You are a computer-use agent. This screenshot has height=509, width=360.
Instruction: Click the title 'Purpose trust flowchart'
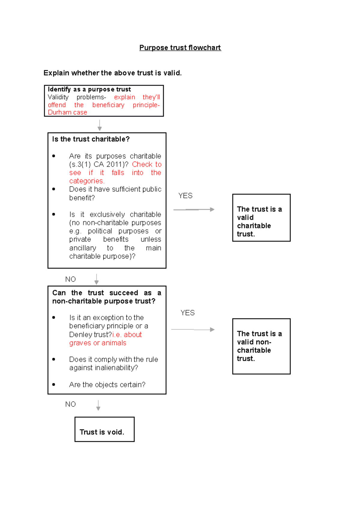(180, 48)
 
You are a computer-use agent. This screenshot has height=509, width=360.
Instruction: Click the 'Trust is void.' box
(104, 429)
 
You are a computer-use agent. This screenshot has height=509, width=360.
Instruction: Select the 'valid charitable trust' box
(261, 218)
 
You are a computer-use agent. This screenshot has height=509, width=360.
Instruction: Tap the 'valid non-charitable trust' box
(261, 346)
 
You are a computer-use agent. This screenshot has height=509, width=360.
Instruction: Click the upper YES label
(185, 196)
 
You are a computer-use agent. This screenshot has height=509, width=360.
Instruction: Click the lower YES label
(187, 313)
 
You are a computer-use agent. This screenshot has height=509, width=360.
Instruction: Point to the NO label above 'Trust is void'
(70, 404)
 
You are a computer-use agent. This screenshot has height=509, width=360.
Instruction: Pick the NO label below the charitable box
(70, 279)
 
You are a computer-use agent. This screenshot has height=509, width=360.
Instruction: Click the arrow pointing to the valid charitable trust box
(194, 209)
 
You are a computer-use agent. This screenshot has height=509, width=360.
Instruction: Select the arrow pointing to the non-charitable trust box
(193, 329)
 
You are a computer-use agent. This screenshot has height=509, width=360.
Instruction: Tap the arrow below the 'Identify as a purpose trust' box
(100, 125)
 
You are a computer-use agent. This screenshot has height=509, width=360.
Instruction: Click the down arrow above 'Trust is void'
(98, 405)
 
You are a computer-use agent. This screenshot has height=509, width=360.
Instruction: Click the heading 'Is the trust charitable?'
(91, 139)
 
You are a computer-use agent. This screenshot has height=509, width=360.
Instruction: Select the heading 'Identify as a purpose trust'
(89, 89)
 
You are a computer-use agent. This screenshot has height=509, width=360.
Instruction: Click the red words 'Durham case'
(67, 112)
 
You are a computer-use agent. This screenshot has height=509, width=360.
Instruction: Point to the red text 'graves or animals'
(98, 343)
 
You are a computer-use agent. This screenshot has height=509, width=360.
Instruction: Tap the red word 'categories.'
(87, 181)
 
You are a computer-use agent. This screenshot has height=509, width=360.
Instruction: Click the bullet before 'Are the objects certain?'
(54, 384)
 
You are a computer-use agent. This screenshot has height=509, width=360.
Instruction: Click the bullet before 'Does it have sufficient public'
(54, 189)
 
